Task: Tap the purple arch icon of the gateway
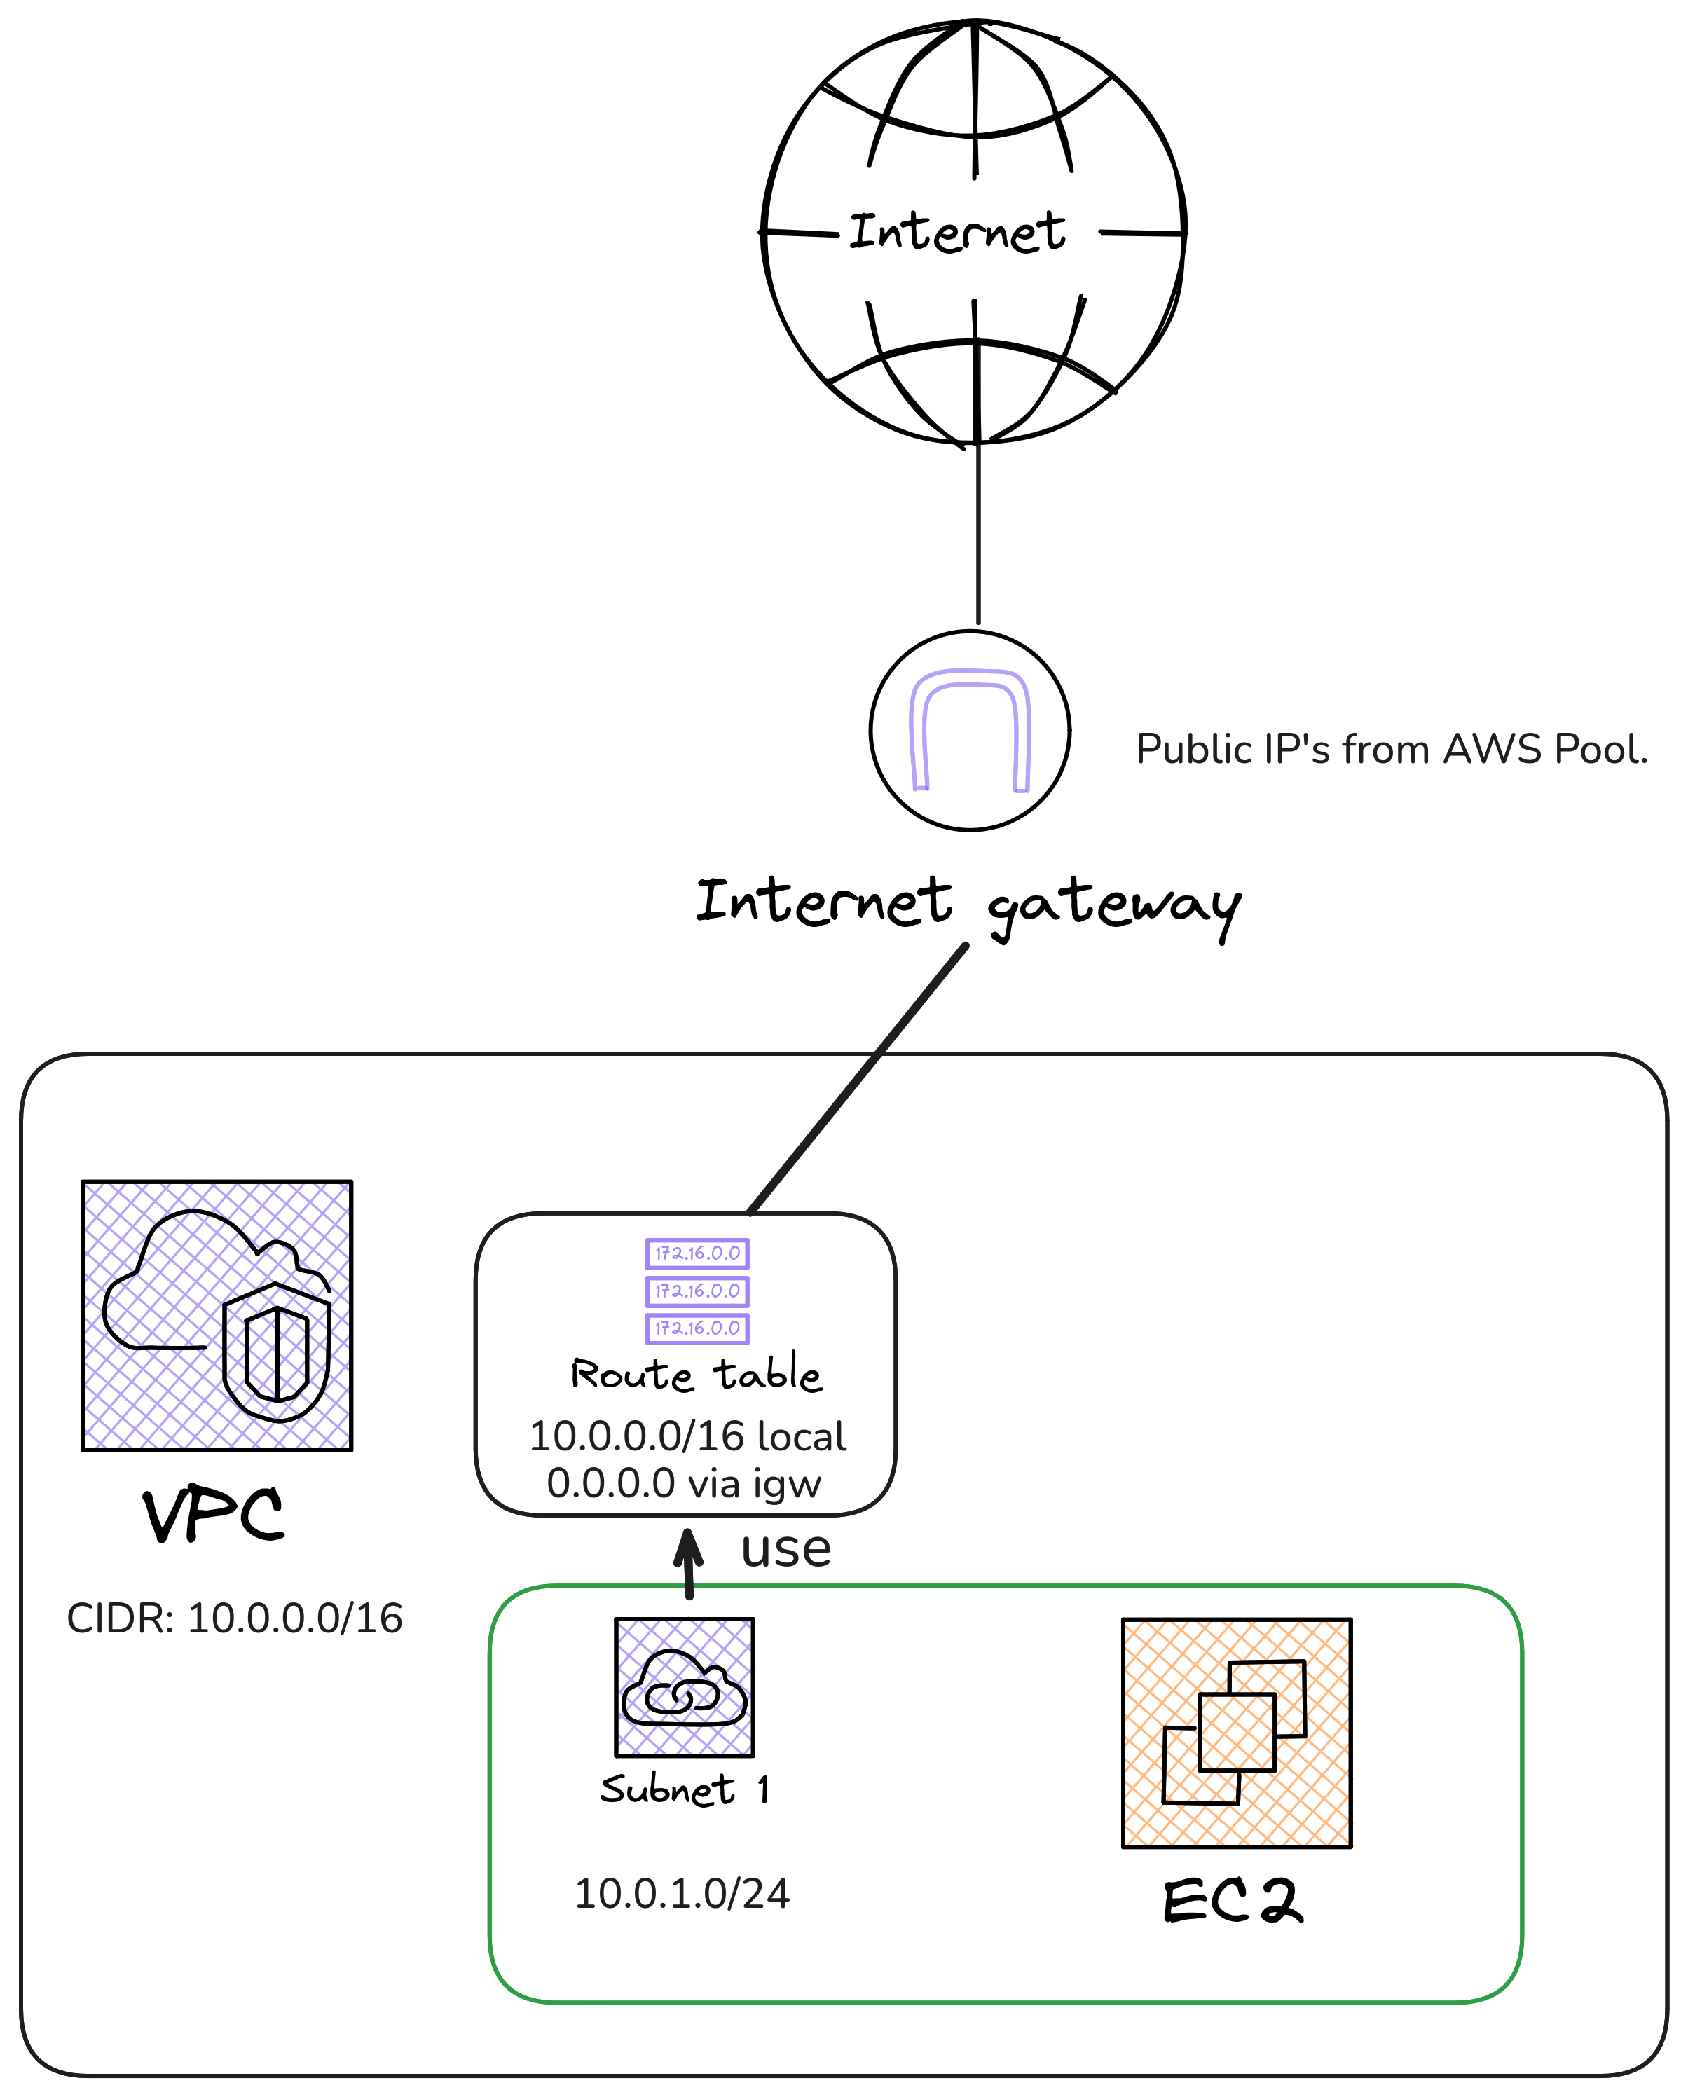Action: tap(970, 729)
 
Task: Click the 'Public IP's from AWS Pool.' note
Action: tap(1392, 750)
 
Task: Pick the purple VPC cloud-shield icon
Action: tap(217, 1316)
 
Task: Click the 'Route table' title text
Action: tap(697, 1375)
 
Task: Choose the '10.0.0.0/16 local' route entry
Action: tap(687, 1436)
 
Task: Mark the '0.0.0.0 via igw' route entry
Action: tap(684, 1483)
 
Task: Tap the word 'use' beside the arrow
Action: tap(786, 1548)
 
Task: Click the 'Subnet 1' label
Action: tap(684, 1789)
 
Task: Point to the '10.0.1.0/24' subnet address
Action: tap(682, 1894)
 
